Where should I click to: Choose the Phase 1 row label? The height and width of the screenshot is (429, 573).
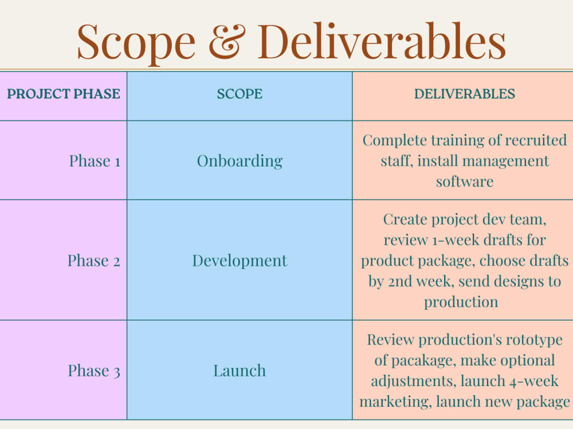tap(95, 161)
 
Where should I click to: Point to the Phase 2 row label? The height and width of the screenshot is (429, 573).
tap(94, 261)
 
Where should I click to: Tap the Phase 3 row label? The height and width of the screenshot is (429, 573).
tap(94, 371)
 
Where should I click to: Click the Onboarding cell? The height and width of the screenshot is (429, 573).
tap(240, 161)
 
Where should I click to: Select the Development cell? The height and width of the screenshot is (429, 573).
tap(240, 261)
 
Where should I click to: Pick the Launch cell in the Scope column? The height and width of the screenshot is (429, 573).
tap(240, 371)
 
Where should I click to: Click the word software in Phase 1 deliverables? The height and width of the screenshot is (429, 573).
tap(464, 181)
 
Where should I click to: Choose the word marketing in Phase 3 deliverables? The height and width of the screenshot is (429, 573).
tap(394, 402)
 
